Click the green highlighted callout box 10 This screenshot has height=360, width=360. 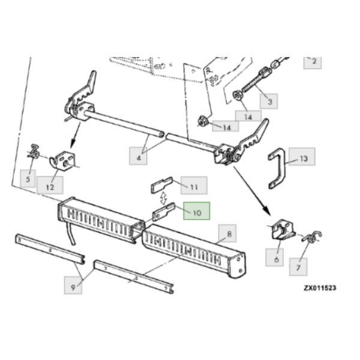196,211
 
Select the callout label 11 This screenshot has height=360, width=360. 194,185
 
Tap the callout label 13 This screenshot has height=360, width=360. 302,157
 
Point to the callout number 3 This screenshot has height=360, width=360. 269,101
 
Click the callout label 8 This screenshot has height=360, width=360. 227,233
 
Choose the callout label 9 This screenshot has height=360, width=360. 73,285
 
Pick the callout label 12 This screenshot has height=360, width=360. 50,185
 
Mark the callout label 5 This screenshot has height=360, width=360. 28,178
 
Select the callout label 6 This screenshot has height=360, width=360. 274,257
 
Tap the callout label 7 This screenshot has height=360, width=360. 298,266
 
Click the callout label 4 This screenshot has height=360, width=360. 138,156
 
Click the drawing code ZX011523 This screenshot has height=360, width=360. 320,287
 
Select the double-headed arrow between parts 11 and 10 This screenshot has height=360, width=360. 163,198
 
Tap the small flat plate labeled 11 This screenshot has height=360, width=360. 161,184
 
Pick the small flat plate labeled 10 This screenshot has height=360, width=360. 163,211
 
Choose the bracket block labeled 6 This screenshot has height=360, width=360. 283,230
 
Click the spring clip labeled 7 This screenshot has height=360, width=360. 312,236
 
